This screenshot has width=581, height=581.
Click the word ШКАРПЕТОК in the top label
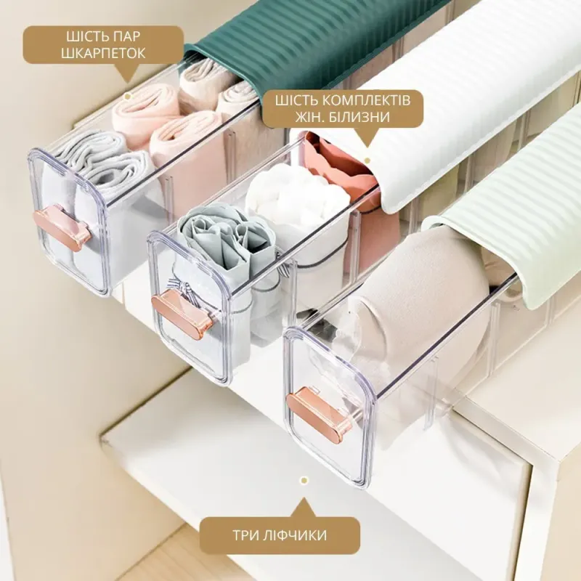click(x=103, y=53)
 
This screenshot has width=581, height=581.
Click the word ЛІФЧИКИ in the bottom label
click(x=297, y=535)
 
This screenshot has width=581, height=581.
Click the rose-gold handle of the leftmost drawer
click(x=62, y=228)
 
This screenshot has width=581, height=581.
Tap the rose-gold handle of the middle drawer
click(x=182, y=311)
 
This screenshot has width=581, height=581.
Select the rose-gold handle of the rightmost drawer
click(x=320, y=411)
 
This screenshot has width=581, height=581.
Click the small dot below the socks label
click(x=128, y=97)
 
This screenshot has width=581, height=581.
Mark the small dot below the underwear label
click(x=367, y=161)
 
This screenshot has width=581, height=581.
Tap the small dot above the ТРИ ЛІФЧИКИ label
click(x=304, y=481)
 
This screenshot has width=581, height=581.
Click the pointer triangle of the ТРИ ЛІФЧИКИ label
click(x=304, y=508)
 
